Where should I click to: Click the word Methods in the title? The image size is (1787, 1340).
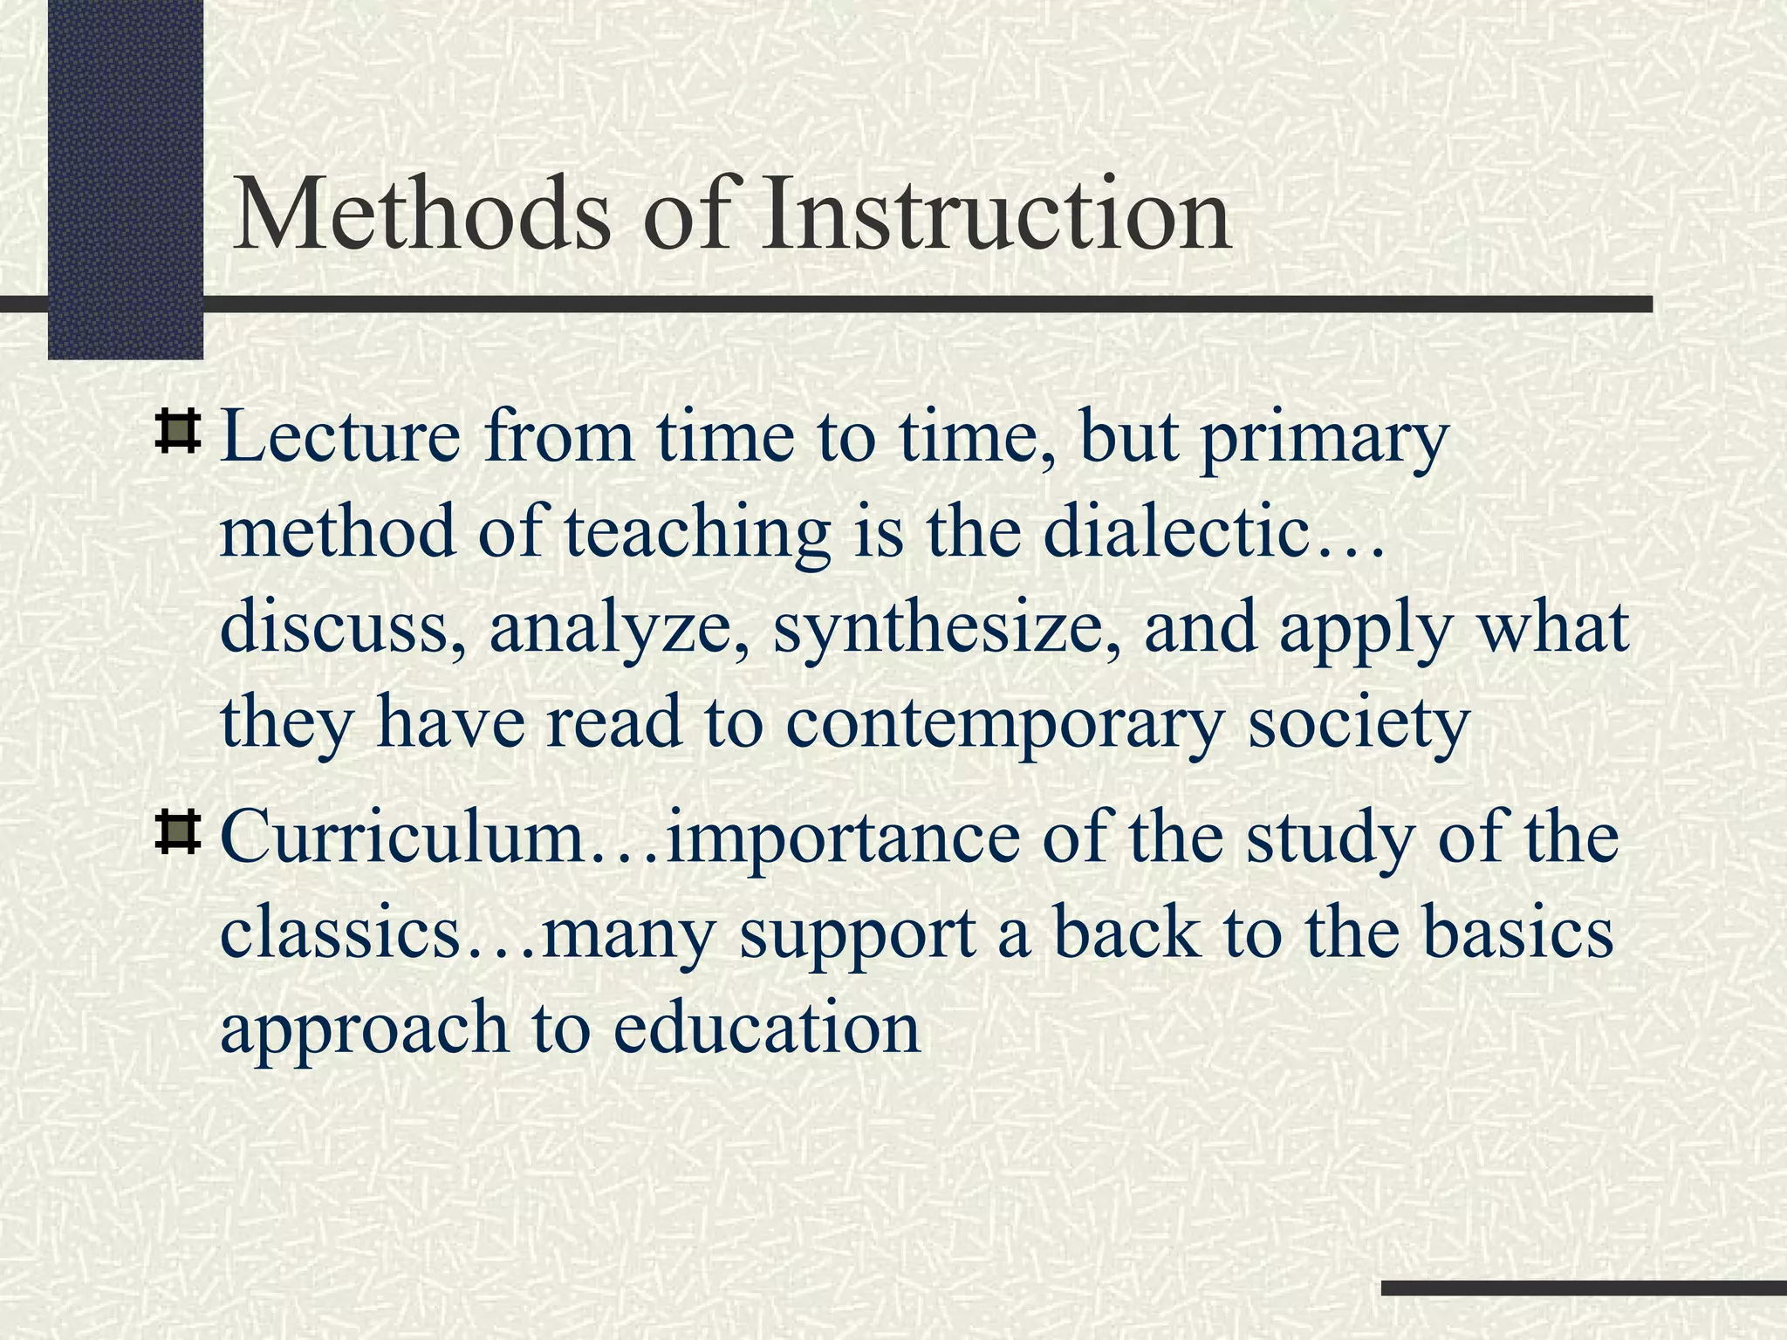422,215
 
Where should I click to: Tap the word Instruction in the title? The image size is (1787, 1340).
996,215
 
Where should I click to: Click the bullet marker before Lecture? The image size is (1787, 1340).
177,434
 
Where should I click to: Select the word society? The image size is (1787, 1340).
1358,723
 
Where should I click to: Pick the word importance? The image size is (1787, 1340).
841,838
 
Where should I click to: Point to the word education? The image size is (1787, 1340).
766,1027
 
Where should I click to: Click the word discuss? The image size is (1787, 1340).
341,628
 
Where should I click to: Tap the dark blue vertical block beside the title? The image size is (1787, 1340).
125,174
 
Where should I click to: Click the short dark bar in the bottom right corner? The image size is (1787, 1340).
1584,1288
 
